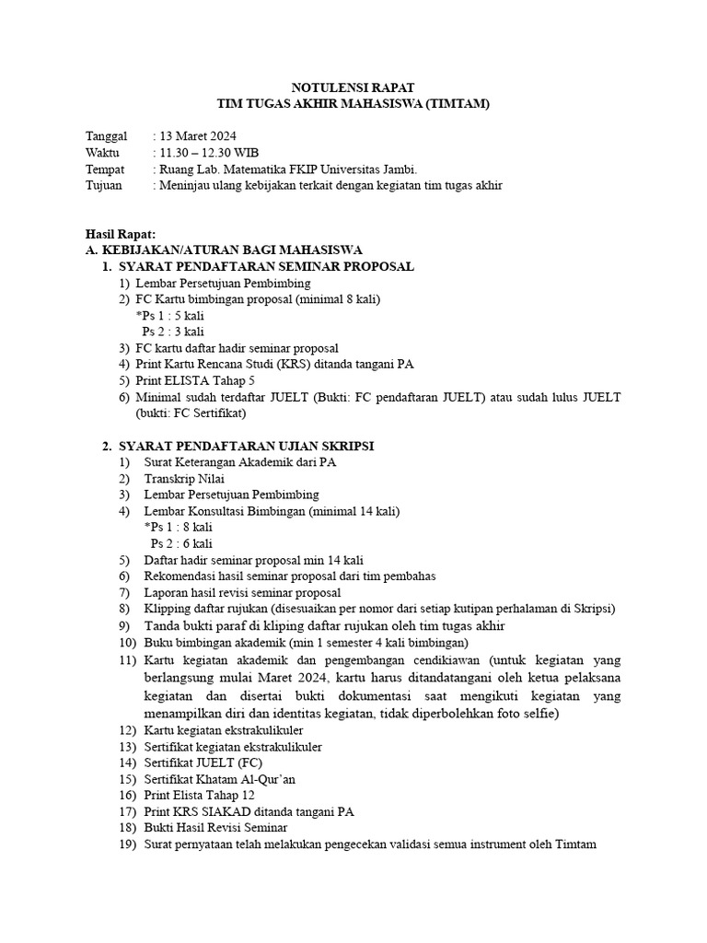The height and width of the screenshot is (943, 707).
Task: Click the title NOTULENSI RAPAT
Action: [x=353, y=87]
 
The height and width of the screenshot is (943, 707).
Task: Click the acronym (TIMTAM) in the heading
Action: [x=457, y=105]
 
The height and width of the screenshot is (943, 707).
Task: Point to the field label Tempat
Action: [x=105, y=169]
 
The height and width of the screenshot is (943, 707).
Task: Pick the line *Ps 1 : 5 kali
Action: [x=169, y=315]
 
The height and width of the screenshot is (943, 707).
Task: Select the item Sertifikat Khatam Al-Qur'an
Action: [x=219, y=778]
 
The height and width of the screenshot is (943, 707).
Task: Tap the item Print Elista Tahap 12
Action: [x=199, y=795]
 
